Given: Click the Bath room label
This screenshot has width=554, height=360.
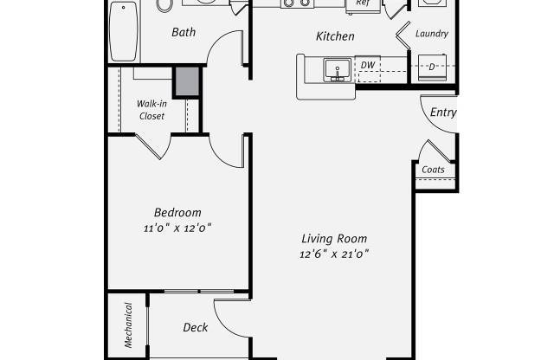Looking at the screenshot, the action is coord(184,32).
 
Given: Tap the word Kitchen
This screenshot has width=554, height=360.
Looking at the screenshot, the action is coord(335,36).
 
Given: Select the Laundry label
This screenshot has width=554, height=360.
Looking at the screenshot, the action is coord(432,34).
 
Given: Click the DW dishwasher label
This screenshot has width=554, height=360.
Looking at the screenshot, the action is coord(368,65).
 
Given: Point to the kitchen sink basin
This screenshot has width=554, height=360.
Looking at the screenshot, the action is coord(338,70).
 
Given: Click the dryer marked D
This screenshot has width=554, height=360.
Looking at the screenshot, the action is coord(432,67).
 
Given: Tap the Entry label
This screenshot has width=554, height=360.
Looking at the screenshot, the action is coord(443,112).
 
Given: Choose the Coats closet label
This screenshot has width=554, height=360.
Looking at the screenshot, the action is coord(433,170).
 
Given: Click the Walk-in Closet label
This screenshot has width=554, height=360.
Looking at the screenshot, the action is coord(151,110).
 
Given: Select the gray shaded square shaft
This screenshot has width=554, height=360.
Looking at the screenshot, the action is coord(187,81).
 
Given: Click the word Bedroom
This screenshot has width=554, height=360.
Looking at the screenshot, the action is coord(177,212).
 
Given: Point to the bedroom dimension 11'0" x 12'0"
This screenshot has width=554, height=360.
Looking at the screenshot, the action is coord(177,228).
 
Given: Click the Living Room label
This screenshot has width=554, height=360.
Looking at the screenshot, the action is coord(334,239).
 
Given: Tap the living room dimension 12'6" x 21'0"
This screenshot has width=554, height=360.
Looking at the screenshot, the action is coord(334,254).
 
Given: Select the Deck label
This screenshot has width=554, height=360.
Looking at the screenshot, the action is coord(196,327).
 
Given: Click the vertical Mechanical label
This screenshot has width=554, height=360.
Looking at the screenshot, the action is coord(128,325).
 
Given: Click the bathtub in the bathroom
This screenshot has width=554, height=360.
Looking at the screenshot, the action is coord(123,31).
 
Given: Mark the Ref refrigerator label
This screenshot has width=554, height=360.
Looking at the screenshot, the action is coord(364,3).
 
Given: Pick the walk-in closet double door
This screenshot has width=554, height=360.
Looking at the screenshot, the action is coord(153,146).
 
